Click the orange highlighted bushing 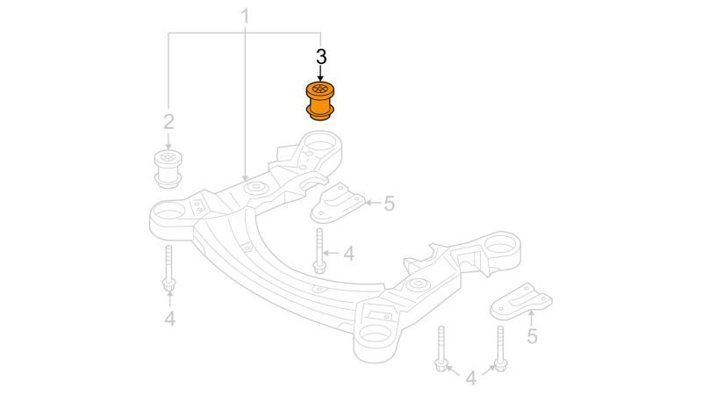click(x=319, y=101)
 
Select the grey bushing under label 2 click(x=168, y=169)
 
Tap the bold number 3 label click(x=321, y=57)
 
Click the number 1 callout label click(x=245, y=16)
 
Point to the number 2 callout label click(x=168, y=122)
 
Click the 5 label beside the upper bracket click(x=390, y=204)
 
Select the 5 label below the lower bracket click(x=532, y=336)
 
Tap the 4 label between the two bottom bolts click(x=470, y=378)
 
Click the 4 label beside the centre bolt click(x=348, y=254)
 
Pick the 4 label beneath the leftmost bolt click(x=169, y=319)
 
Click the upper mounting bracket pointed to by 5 click(x=338, y=204)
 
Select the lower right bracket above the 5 click(x=521, y=301)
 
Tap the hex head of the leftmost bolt click(x=168, y=284)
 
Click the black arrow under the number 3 click(x=320, y=74)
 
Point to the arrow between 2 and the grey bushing click(x=168, y=141)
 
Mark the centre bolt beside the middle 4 click(x=319, y=251)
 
